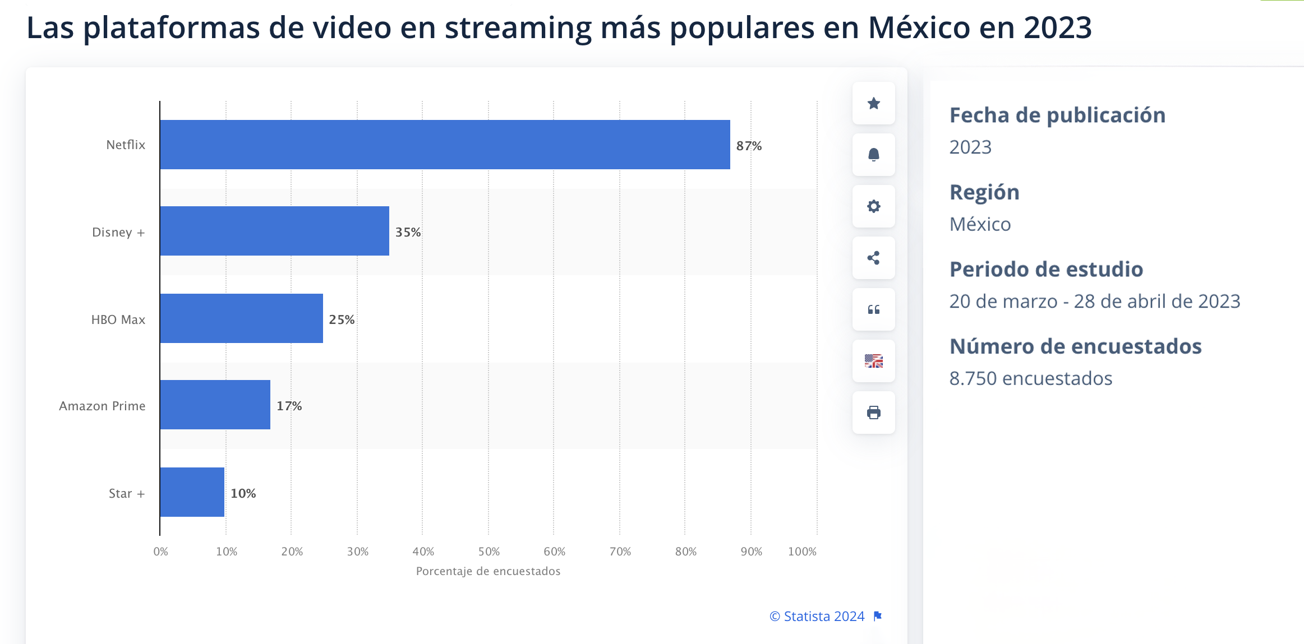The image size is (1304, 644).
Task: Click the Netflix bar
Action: pos(445,145)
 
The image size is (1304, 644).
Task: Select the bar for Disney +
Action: pos(274,231)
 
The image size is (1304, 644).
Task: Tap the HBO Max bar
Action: pos(241,318)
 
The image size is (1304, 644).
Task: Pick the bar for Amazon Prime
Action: pos(215,405)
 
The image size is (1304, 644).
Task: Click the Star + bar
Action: pos(192,492)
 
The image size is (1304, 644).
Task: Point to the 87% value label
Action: pos(749,146)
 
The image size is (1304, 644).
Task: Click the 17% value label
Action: pos(289,406)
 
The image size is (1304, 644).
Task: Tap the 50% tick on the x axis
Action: pos(489,552)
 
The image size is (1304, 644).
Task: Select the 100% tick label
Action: pos(802,552)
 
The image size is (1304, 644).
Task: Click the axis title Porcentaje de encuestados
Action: pos(488,571)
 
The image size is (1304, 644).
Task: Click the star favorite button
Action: pos(873,103)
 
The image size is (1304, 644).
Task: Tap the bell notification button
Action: pos(873,155)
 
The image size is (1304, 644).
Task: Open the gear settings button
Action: pos(873,206)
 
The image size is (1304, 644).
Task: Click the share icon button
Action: pos(873,258)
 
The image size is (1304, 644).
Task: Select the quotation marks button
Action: pos(873,309)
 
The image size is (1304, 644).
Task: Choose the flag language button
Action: pos(873,361)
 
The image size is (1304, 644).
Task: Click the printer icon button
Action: pos(873,413)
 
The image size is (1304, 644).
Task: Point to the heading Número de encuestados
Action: pos(1075,346)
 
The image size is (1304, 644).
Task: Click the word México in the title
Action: pos(919,27)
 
